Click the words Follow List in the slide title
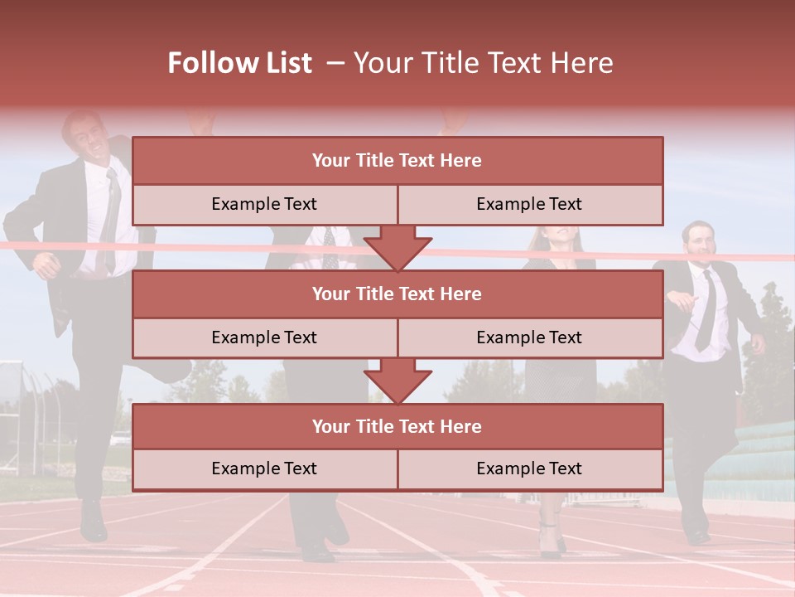click(240, 63)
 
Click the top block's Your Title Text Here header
click(397, 161)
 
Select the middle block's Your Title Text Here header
click(397, 294)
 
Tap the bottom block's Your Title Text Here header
click(397, 426)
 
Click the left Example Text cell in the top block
click(264, 204)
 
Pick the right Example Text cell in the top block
click(529, 204)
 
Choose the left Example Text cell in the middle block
click(264, 337)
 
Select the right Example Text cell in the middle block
click(529, 337)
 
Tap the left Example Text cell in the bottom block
click(264, 468)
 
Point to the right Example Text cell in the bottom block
click(529, 468)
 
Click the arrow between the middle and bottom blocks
click(397, 381)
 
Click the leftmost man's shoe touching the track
click(93, 522)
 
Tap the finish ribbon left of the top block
click(66, 245)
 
